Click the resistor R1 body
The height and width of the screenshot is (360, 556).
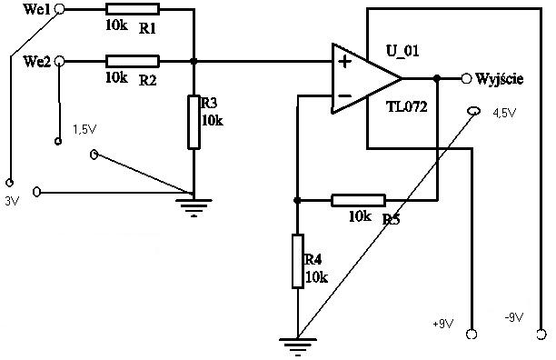[x=133, y=9]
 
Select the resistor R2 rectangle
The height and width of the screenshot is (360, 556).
[x=133, y=61]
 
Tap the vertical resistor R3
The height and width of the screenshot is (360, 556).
[x=194, y=122]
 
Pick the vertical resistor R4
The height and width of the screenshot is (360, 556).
[x=298, y=261]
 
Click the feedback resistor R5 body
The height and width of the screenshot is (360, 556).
[x=359, y=200]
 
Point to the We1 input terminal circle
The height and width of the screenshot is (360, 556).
[x=60, y=9]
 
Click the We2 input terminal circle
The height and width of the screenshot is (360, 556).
[x=60, y=61]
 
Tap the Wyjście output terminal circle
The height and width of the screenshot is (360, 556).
[x=466, y=78]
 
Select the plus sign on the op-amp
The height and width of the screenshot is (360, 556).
[x=344, y=62]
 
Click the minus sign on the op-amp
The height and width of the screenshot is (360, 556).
[x=344, y=95]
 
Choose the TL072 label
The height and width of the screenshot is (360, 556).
[x=407, y=106]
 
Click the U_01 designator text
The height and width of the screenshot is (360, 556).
[x=402, y=51]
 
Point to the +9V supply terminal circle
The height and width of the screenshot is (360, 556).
[x=472, y=335]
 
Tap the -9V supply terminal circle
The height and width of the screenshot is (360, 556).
[x=541, y=335]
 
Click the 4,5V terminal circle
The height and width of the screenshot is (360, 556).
[x=473, y=112]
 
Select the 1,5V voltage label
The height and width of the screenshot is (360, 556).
[x=84, y=129]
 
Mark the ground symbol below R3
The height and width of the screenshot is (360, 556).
[x=194, y=207]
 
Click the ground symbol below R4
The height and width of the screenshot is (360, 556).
[x=298, y=346]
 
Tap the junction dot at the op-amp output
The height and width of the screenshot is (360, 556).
[x=437, y=78]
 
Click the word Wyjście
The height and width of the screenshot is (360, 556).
[x=500, y=79]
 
